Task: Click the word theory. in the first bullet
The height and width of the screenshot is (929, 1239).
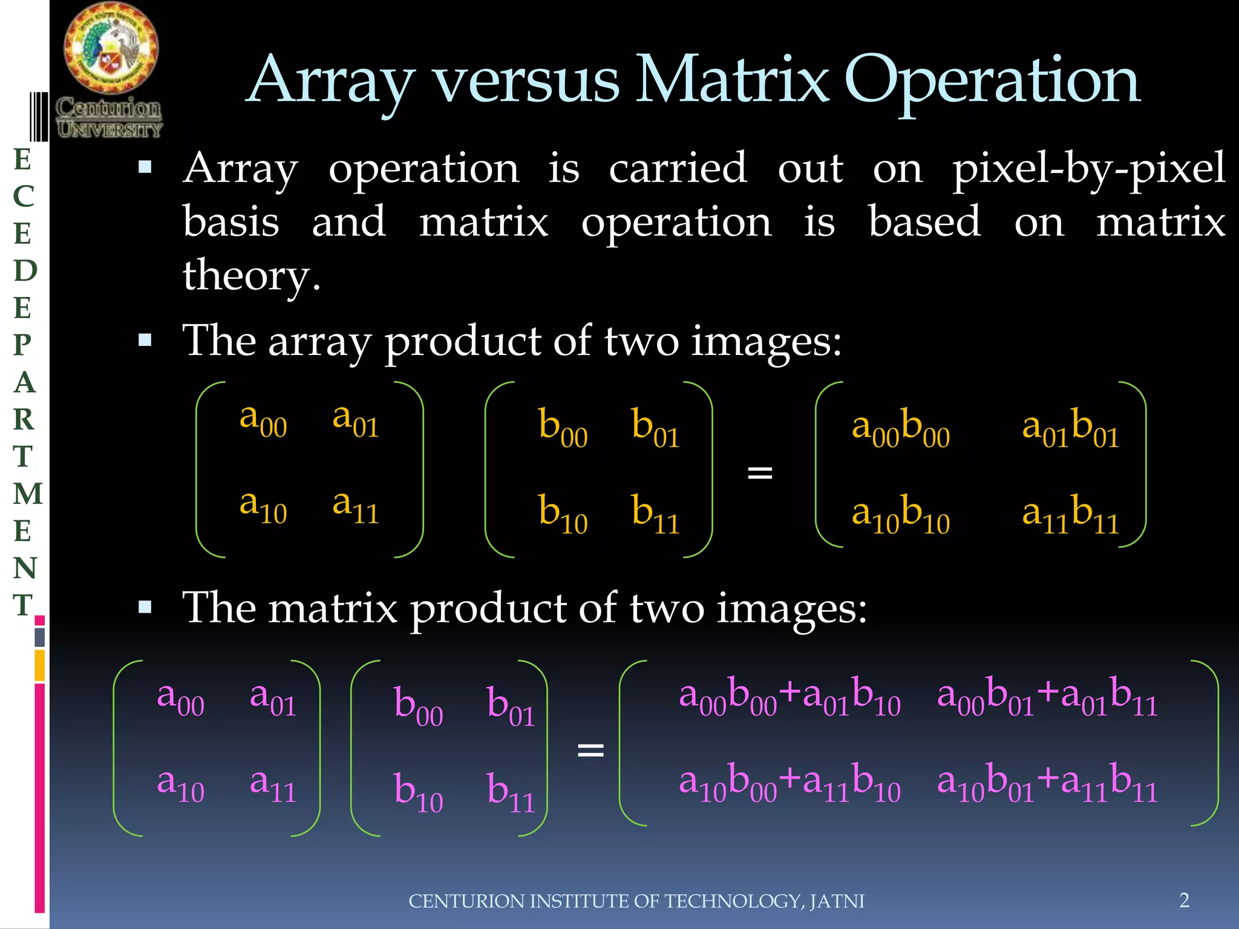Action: coord(251,276)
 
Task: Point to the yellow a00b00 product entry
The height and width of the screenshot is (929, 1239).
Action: coord(900,428)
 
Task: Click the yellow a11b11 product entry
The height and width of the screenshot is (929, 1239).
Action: coord(1070,515)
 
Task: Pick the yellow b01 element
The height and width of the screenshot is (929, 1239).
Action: coord(655,427)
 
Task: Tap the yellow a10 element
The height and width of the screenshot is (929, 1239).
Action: coord(263,506)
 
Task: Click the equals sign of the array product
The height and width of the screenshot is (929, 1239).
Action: coord(760,472)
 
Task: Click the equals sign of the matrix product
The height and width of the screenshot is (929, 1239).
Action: coord(590,751)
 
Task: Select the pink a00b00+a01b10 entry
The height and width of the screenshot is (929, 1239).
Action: coord(789,697)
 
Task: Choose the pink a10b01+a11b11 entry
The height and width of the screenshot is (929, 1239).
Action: coord(1047,783)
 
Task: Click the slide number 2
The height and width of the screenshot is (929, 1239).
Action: coord(1184,900)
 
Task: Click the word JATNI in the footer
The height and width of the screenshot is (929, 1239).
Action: coord(837,901)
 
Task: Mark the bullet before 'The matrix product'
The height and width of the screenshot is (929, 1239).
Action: coord(145,607)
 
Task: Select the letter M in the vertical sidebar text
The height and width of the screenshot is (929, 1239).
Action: coord(27,494)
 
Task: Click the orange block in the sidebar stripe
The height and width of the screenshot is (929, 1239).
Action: coord(40,665)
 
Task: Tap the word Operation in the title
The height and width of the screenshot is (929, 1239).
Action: coord(992,80)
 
